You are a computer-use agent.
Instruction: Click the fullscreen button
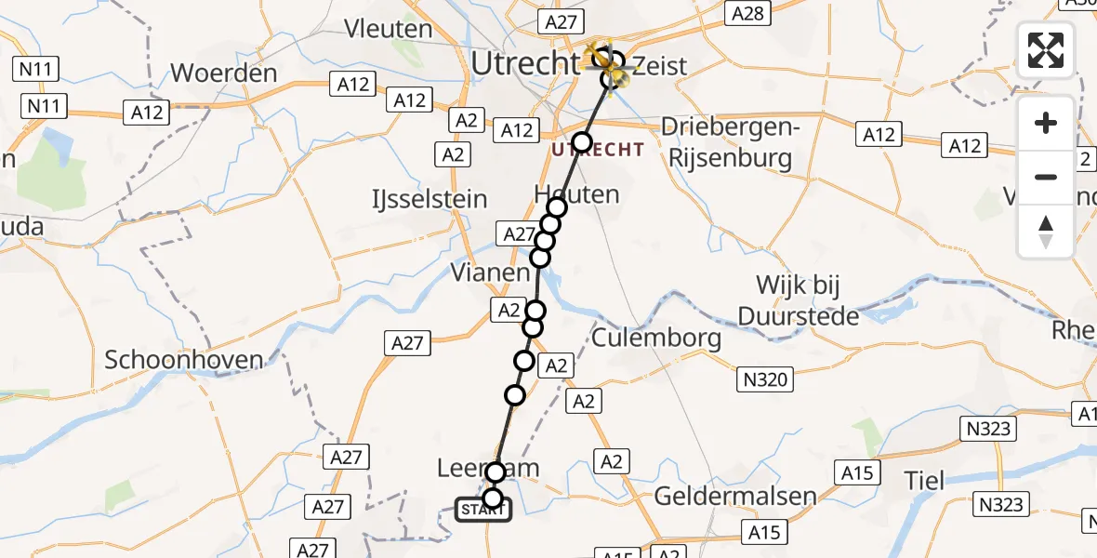click(x=1046, y=50)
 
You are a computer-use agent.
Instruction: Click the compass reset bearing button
click(x=1046, y=232)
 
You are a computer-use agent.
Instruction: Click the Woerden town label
click(x=224, y=73)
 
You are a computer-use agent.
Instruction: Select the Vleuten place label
click(x=389, y=29)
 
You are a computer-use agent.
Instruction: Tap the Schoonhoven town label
click(x=184, y=360)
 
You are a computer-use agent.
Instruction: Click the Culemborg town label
click(x=656, y=338)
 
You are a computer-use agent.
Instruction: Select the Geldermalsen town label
click(x=735, y=496)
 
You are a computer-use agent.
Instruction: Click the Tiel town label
click(x=926, y=481)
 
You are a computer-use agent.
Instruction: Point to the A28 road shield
click(x=747, y=13)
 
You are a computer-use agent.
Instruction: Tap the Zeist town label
click(x=659, y=66)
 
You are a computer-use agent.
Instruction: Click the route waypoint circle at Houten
click(x=557, y=207)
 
